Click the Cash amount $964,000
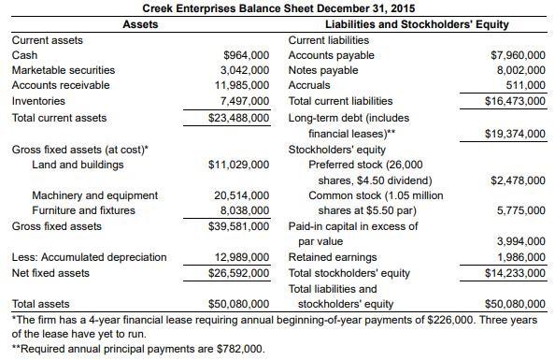click(248, 55)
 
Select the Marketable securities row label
click(63, 70)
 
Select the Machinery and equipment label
click(94, 195)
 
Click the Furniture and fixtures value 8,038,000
click(245, 210)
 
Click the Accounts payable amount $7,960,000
click(518, 55)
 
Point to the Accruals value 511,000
click(526, 85)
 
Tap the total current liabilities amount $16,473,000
click(515, 100)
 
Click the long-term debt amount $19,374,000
click(515, 133)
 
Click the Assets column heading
click(140, 24)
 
